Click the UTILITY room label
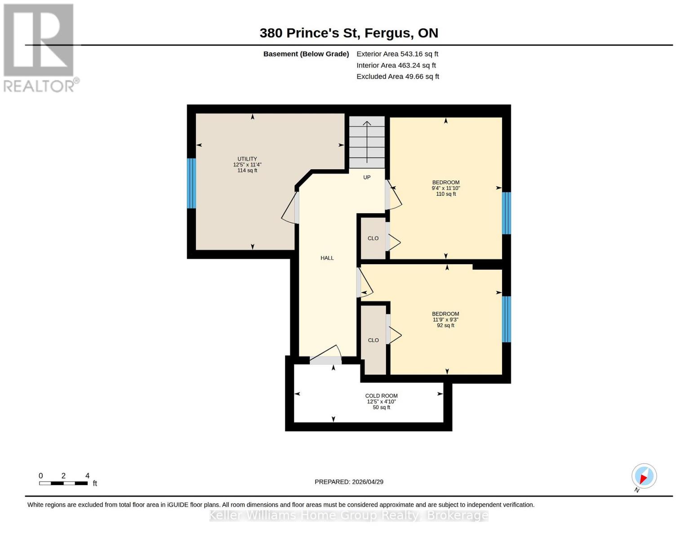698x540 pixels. pyautogui.click(x=247, y=159)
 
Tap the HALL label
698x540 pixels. pyautogui.click(x=327, y=258)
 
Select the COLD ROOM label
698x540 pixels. pyautogui.click(x=381, y=396)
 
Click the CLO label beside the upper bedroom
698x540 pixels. pyautogui.click(x=373, y=238)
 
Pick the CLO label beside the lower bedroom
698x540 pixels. pyautogui.click(x=373, y=340)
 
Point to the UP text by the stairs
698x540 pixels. pyautogui.click(x=367, y=177)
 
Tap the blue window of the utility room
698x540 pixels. pyautogui.click(x=191, y=183)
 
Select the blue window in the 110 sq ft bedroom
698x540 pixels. pyautogui.click(x=506, y=213)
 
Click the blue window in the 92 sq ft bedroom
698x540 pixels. pyautogui.click(x=506, y=319)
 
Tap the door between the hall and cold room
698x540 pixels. pyautogui.click(x=326, y=360)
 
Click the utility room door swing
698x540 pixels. pyautogui.click(x=290, y=208)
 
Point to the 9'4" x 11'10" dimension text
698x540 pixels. pyautogui.click(x=445, y=188)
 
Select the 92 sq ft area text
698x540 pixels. pyautogui.click(x=445, y=325)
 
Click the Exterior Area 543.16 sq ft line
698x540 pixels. pyautogui.click(x=397, y=54)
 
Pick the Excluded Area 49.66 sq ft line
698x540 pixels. pyautogui.click(x=398, y=76)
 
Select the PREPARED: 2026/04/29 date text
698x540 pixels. pyautogui.click(x=349, y=482)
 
